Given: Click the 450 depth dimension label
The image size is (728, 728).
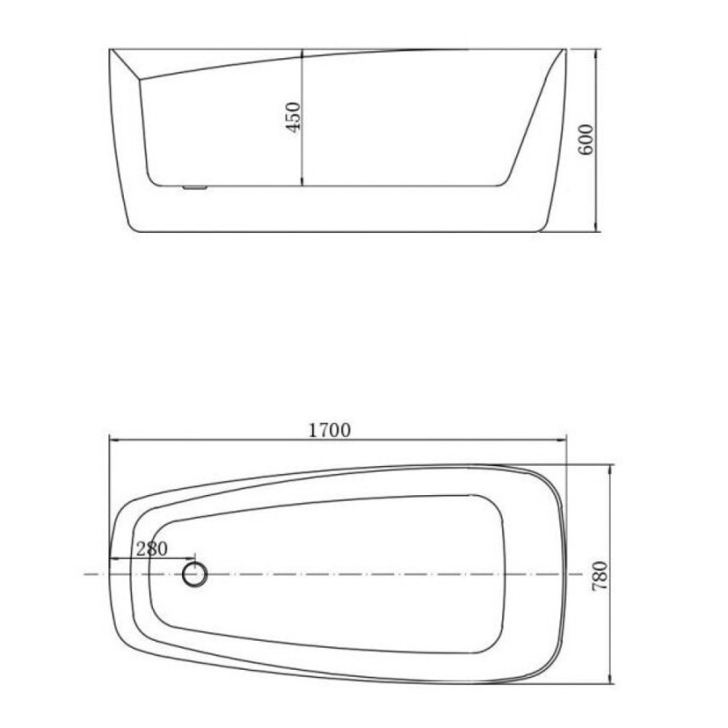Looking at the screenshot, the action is [294, 117].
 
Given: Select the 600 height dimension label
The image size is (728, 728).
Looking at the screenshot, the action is [586, 140].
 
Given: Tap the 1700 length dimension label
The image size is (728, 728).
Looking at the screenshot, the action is [330, 430].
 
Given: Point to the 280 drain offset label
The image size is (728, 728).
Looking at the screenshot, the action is [152, 548].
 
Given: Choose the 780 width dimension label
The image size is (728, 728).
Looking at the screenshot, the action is [599, 576].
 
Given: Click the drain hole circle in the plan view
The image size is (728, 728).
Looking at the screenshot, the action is [194, 574].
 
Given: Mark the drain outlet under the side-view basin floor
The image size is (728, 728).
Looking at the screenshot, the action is [195, 188].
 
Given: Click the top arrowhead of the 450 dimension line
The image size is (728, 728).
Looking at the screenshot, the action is [303, 53].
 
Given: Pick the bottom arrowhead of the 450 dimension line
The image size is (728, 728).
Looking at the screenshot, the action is [303, 181].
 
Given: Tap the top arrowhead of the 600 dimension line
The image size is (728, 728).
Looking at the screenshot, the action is [595, 53].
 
